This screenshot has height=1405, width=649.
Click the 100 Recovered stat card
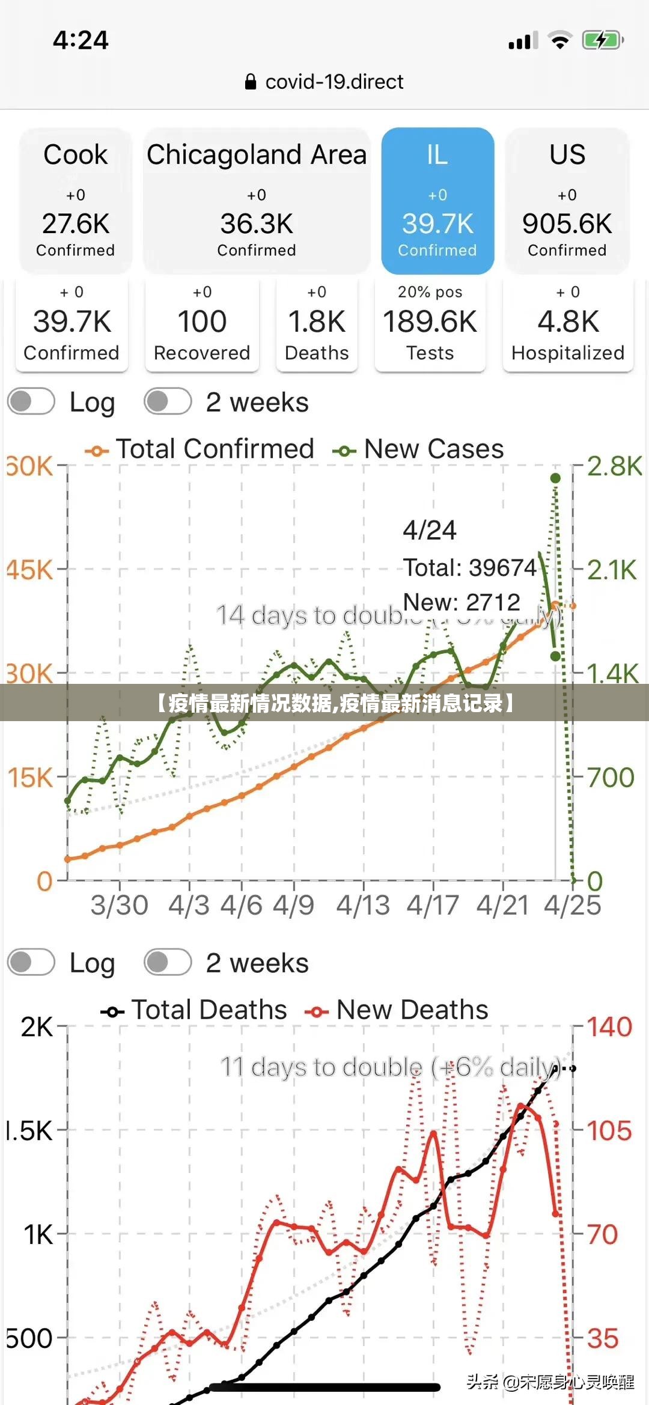click(202, 325)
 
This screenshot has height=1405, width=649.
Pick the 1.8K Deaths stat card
click(317, 325)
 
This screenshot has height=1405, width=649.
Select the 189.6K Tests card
click(430, 325)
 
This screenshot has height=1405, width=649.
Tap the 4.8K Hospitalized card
click(568, 325)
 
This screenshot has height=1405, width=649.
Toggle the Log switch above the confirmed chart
click(31, 401)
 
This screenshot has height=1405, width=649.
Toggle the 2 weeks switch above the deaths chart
click(168, 962)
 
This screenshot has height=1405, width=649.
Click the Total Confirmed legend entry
click(200, 450)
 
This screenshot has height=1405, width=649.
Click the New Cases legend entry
click(418, 450)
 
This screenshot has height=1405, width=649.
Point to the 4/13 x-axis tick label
click(363, 905)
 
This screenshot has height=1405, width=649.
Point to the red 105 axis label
click(609, 1131)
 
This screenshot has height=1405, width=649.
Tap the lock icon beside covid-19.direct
click(251, 82)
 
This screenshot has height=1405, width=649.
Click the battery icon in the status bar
click(602, 41)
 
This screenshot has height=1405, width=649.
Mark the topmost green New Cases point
click(556, 478)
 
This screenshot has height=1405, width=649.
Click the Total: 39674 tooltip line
click(469, 567)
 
